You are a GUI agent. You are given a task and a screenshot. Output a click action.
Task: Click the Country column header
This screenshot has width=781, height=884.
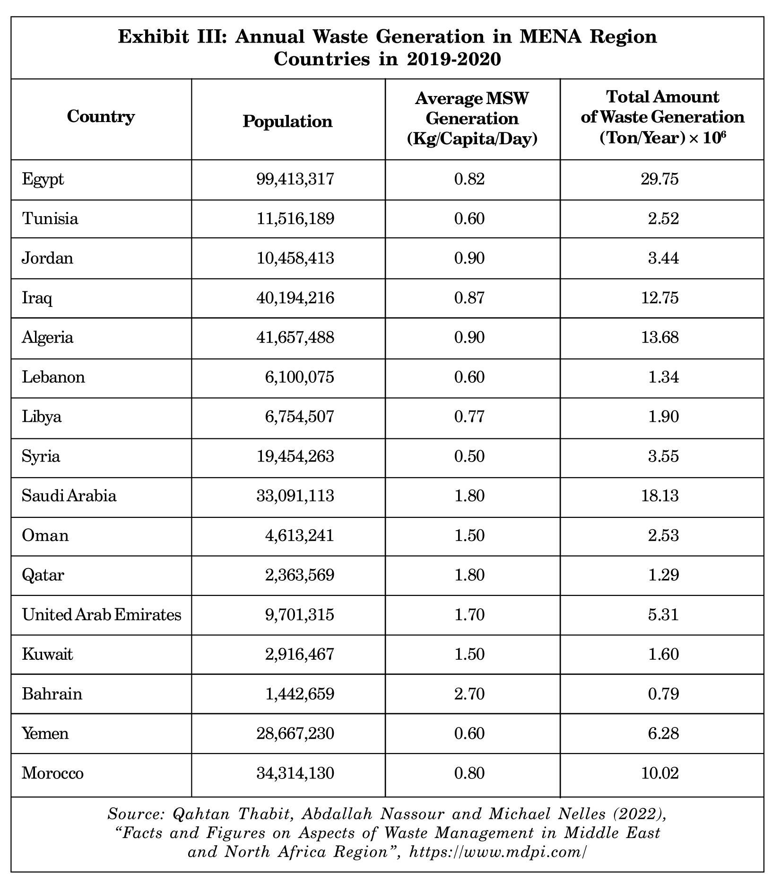point(101,116)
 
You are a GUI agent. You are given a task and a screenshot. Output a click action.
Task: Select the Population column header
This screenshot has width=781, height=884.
point(287,122)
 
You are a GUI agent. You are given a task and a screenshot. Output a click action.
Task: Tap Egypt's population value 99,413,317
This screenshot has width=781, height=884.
point(295,179)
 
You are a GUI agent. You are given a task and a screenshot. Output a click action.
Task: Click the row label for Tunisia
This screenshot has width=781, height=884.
point(50,219)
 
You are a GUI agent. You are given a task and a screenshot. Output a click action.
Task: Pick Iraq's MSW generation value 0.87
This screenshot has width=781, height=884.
point(469,298)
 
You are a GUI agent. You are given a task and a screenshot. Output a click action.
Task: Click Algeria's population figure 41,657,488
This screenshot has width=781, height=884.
point(295,337)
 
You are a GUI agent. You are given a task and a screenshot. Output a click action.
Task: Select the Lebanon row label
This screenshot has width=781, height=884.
point(53,377)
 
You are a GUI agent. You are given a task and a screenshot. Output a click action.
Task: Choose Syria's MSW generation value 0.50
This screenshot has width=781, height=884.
point(469,456)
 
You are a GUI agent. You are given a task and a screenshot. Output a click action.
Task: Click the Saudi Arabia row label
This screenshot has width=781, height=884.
point(69,496)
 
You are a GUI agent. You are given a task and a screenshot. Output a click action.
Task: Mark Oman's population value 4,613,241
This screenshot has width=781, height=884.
point(299,535)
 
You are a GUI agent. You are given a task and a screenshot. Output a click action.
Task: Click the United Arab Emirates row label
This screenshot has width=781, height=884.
point(102,614)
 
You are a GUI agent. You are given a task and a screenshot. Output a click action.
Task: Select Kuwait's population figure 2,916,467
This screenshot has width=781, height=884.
point(299,654)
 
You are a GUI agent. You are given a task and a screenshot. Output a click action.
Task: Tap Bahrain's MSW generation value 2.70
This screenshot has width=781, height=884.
point(469,694)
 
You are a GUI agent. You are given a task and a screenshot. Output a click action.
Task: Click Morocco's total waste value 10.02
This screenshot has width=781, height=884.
point(660,773)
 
